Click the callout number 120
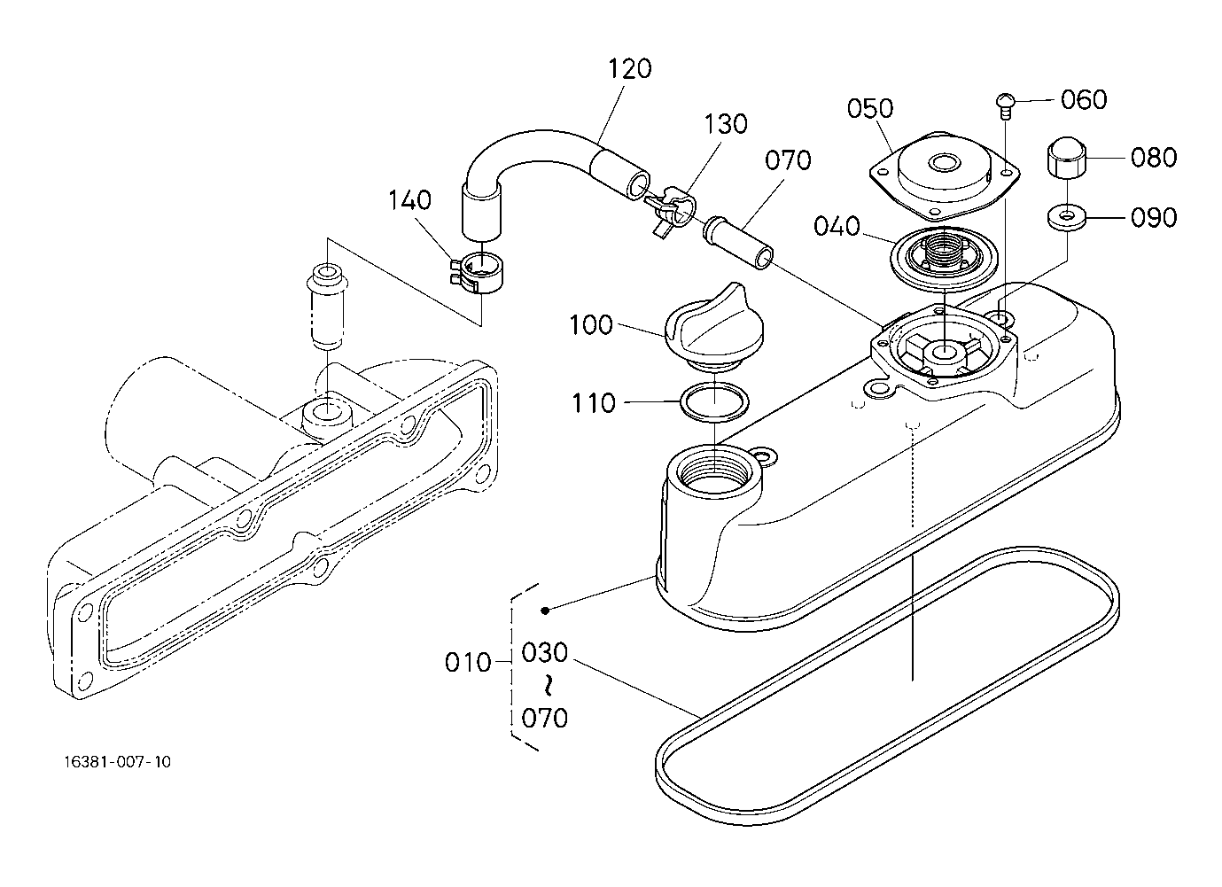[x=629, y=69]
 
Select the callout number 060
[x=1084, y=100]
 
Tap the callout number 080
[x=1154, y=158]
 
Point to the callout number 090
[x=1154, y=218]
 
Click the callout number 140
[x=409, y=200]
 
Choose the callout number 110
[x=594, y=403]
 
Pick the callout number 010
[x=468, y=663]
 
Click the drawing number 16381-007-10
[x=118, y=761]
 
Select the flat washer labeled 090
[x=1066, y=218]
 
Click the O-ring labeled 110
[x=714, y=402]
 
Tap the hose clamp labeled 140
[x=477, y=273]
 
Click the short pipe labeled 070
[x=739, y=244]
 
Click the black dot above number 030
[x=545, y=611]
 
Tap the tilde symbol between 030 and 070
[x=545, y=686]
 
